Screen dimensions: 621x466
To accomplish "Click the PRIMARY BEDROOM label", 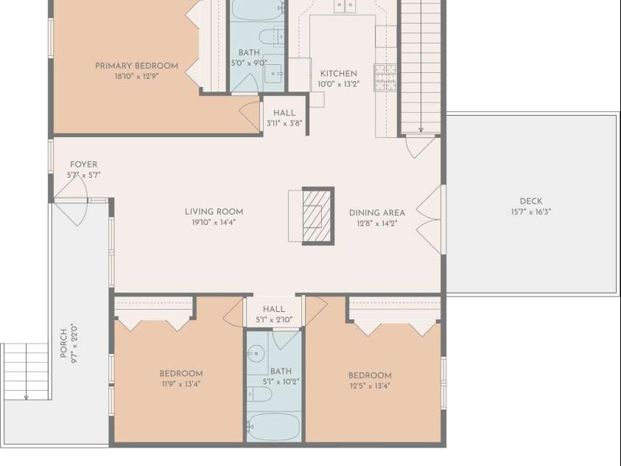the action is click(x=136, y=66).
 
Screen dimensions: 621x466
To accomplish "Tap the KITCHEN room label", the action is click(x=339, y=74).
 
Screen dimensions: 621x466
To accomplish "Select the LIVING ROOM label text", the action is click(x=214, y=212).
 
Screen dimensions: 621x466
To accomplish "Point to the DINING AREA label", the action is click(x=377, y=213).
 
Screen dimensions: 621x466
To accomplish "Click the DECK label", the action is click(x=531, y=201).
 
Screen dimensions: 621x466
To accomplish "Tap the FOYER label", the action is click(x=83, y=164).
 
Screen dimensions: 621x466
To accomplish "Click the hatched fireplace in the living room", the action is click(x=317, y=216).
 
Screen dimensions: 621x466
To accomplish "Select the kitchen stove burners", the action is click(x=385, y=77).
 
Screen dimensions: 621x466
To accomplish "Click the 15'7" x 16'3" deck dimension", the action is click(x=531, y=212).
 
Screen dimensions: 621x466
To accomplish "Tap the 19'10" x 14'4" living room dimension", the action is click(x=214, y=223).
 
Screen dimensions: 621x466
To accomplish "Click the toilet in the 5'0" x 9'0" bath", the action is click(x=272, y=37).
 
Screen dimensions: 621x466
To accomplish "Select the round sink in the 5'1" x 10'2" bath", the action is click(x=256, y=352).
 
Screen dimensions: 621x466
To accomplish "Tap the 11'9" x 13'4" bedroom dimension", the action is click(x=181, y=384).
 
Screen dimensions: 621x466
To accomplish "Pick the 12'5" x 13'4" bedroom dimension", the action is click(x=370, y=386).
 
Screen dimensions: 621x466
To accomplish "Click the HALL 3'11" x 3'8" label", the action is click(x=284, y=118).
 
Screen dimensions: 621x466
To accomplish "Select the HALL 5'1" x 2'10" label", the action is click(x=274, y=314).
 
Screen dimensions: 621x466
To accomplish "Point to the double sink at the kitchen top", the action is click(x=344, y=6).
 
